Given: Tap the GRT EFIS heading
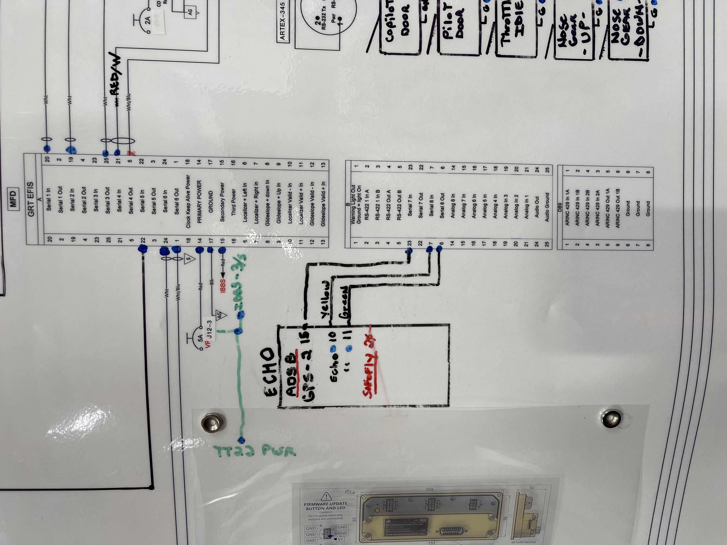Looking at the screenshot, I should point(31,199).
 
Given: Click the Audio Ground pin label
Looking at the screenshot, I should point(547,207).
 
